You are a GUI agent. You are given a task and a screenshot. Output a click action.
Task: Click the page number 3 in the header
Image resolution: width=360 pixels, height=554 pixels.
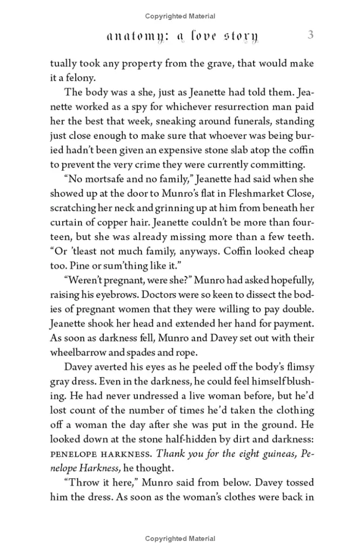310,36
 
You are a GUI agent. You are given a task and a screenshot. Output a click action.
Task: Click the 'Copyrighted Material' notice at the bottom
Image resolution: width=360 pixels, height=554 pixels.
180,539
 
